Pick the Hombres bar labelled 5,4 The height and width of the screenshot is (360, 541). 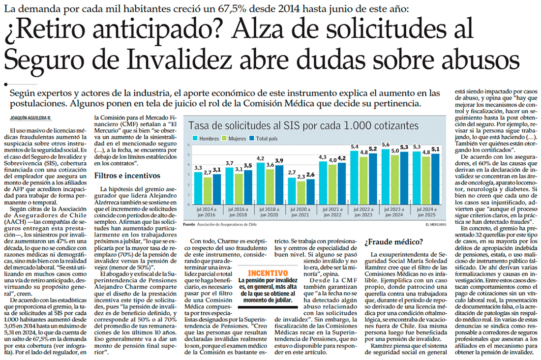tap(354, 174)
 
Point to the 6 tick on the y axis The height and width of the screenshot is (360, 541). tap(188, 146)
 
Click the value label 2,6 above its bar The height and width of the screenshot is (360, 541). tap(311, 175)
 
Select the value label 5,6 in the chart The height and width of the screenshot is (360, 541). tap(386, 144)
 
